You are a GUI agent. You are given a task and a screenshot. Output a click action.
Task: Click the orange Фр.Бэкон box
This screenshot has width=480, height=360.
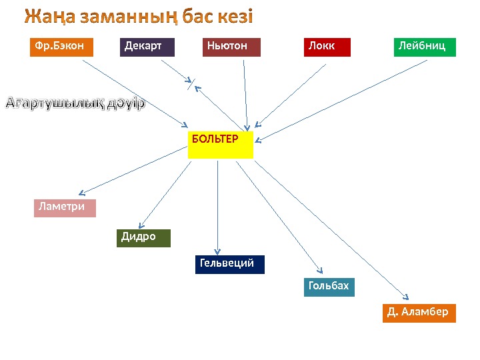(61, 47)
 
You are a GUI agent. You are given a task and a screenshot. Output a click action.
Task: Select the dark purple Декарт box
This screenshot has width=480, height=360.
(147, 47)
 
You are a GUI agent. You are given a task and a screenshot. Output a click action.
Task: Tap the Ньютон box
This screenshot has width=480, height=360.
(231, 47)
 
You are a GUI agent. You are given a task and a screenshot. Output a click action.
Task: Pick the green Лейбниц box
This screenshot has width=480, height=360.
(425, 47)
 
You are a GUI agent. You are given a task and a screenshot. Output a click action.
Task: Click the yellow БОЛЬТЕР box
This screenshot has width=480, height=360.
(221, 145)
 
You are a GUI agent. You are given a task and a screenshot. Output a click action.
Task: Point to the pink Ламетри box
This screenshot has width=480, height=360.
(65, 208)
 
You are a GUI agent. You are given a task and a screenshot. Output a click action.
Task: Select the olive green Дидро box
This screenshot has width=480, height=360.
(143, 238)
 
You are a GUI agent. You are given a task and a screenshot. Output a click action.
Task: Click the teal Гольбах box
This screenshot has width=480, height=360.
(329, 287)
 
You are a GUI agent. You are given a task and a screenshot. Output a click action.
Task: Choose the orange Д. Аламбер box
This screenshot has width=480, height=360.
(419, 313)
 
